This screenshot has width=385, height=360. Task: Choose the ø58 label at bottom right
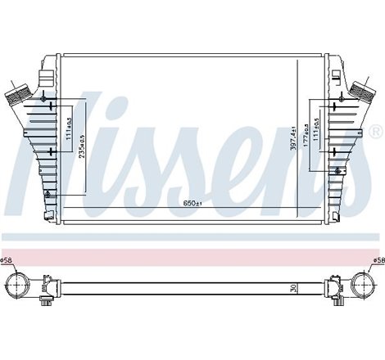[x=377, y=261]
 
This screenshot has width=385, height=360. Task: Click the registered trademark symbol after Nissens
[x=376, y=132]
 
